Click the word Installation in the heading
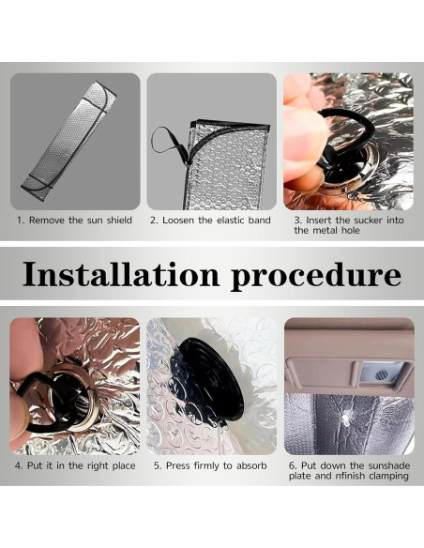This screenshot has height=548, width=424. (121, 274)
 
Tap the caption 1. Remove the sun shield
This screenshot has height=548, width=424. (75, 221)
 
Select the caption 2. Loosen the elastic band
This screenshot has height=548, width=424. (211, 221)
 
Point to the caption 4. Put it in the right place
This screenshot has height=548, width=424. (75, 465)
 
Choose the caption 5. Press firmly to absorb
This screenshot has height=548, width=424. (211, 465)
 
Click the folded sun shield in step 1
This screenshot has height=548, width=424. (68, 141)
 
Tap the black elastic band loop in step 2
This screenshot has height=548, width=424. (171, 145)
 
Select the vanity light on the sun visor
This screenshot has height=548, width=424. (383, 374)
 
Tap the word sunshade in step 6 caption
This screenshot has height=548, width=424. (388, 465)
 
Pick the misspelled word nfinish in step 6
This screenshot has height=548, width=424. (352, 476)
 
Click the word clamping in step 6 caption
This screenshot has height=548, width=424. (389, 477)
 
